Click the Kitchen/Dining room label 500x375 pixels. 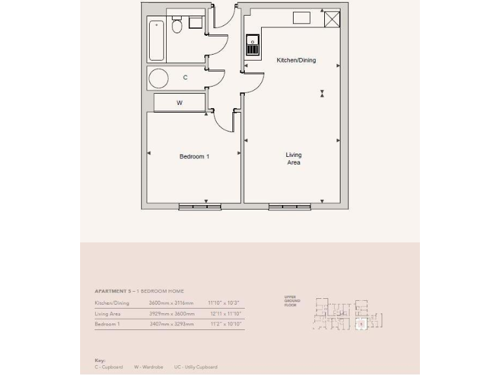(296, 60)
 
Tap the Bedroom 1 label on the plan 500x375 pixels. (194, 156)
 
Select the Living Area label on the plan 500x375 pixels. (294, 159)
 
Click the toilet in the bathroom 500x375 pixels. (176, 26)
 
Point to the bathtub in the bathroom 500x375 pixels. (156, 40)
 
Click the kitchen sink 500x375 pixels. (253, 46)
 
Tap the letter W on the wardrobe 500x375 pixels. (180, 103)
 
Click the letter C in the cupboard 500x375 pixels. (186, 77)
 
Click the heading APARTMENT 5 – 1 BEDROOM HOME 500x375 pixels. (139, 291)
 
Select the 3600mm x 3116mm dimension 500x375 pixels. (171, 303)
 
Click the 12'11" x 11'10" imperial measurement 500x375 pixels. (225, 313)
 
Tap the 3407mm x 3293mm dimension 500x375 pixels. (171, 324)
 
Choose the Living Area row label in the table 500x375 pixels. (108, 313)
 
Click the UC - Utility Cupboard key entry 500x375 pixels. (194, 367)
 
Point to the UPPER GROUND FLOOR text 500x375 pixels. (290, 301)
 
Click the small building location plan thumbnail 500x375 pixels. (348, 313)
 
